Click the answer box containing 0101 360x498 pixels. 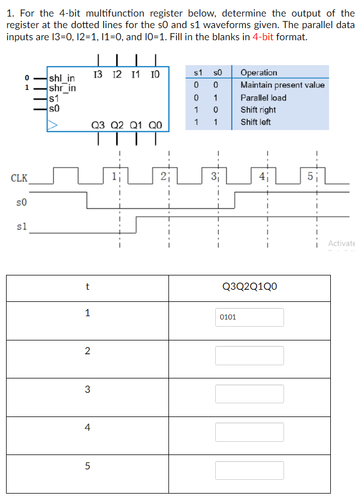[249, 317]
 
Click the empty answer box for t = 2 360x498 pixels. [249, 355]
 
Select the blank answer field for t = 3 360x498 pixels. [249, 393]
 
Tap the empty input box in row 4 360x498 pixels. [249, 432]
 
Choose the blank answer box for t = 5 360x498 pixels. [249, 470]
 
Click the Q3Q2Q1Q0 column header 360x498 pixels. [249, 286]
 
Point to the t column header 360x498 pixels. [87, 286]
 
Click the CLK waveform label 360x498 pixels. [19, 178]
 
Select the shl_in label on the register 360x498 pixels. [62, 79]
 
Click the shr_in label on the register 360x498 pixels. [62, 88]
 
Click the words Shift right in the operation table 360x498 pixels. [258, 110]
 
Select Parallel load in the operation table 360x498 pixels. [263, 98]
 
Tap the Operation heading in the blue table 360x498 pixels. [259, 73]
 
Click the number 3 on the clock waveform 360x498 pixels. [214, 177]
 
